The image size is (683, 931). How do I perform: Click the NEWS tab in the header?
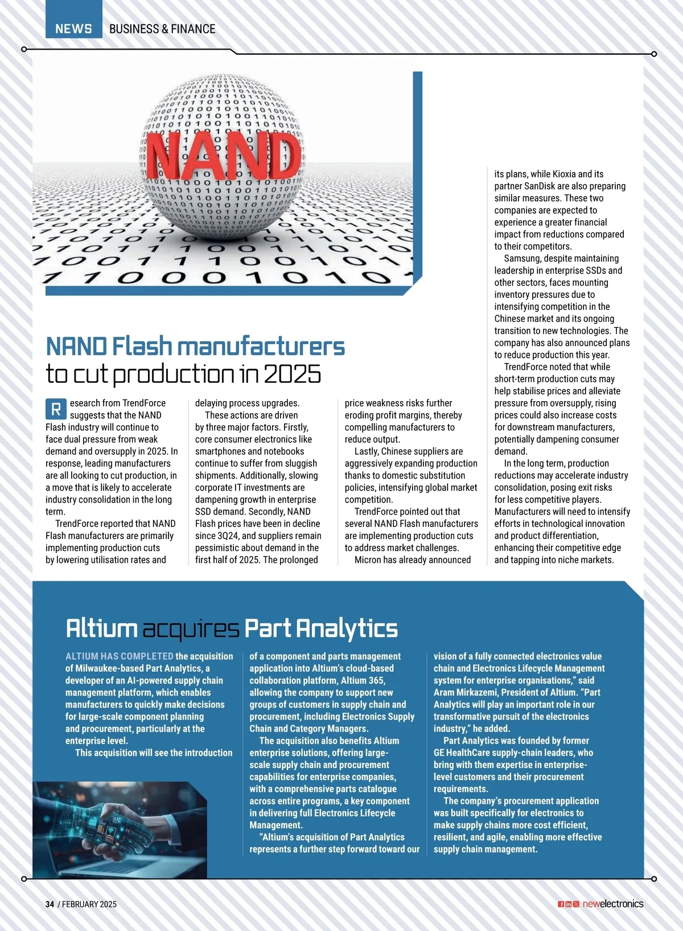[73, 28]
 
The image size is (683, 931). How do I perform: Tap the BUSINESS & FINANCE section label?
[162, 28]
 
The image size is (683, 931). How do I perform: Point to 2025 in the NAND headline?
[292, 374]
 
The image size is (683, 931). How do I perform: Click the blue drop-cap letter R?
[56, 409]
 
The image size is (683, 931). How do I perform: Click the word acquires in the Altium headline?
[191, 628]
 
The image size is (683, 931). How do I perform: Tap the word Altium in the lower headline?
[101, 628]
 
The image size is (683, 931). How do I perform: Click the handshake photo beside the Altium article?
[120, 829]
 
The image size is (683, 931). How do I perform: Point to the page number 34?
[50, 904]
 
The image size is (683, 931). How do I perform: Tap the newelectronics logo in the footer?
[613, 904]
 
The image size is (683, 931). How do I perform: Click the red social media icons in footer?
[568, 904]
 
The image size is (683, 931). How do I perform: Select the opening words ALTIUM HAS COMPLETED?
[120, 656]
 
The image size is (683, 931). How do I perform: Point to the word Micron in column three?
[368, 560]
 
